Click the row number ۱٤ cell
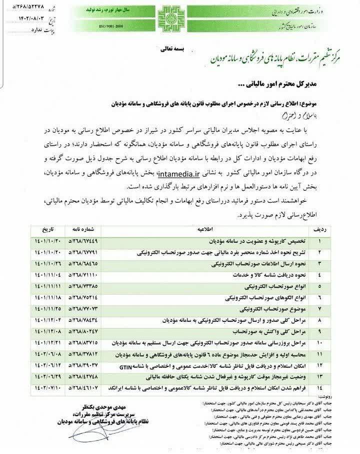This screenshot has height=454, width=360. point(320,387)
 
